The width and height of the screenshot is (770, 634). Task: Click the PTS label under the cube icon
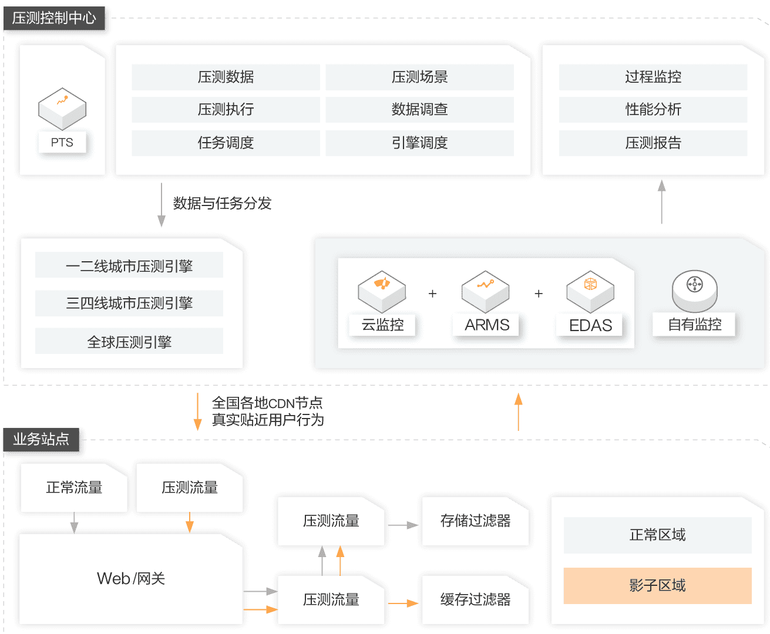(62, 143)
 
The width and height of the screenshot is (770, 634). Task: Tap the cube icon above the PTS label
(62, 109)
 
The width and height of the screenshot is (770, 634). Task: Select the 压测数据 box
(226, 77)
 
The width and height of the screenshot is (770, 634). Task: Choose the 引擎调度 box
(419, 143)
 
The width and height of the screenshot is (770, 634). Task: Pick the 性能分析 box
(653, 110)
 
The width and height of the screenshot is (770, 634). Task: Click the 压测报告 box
(653, 143)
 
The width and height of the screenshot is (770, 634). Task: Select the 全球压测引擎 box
(129, 342)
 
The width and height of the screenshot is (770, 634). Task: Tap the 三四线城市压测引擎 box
(129, 303)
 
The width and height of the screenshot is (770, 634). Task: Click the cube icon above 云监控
(382, 291)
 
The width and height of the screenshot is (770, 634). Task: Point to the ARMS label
(487, 325)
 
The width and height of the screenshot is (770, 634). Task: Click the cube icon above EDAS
(590, 291)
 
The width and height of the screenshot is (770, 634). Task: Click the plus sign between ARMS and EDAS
(539, 294)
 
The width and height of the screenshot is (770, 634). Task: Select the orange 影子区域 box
(657, 585)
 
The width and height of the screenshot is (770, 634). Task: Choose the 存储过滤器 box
(476, 521)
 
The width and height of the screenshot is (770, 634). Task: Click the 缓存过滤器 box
(476, 599)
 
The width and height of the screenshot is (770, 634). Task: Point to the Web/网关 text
(131, 579)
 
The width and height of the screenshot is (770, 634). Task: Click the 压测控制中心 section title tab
(55, 18)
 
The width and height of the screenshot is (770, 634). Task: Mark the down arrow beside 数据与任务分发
(162, 204)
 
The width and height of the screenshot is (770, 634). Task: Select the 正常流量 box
(74, 487)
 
